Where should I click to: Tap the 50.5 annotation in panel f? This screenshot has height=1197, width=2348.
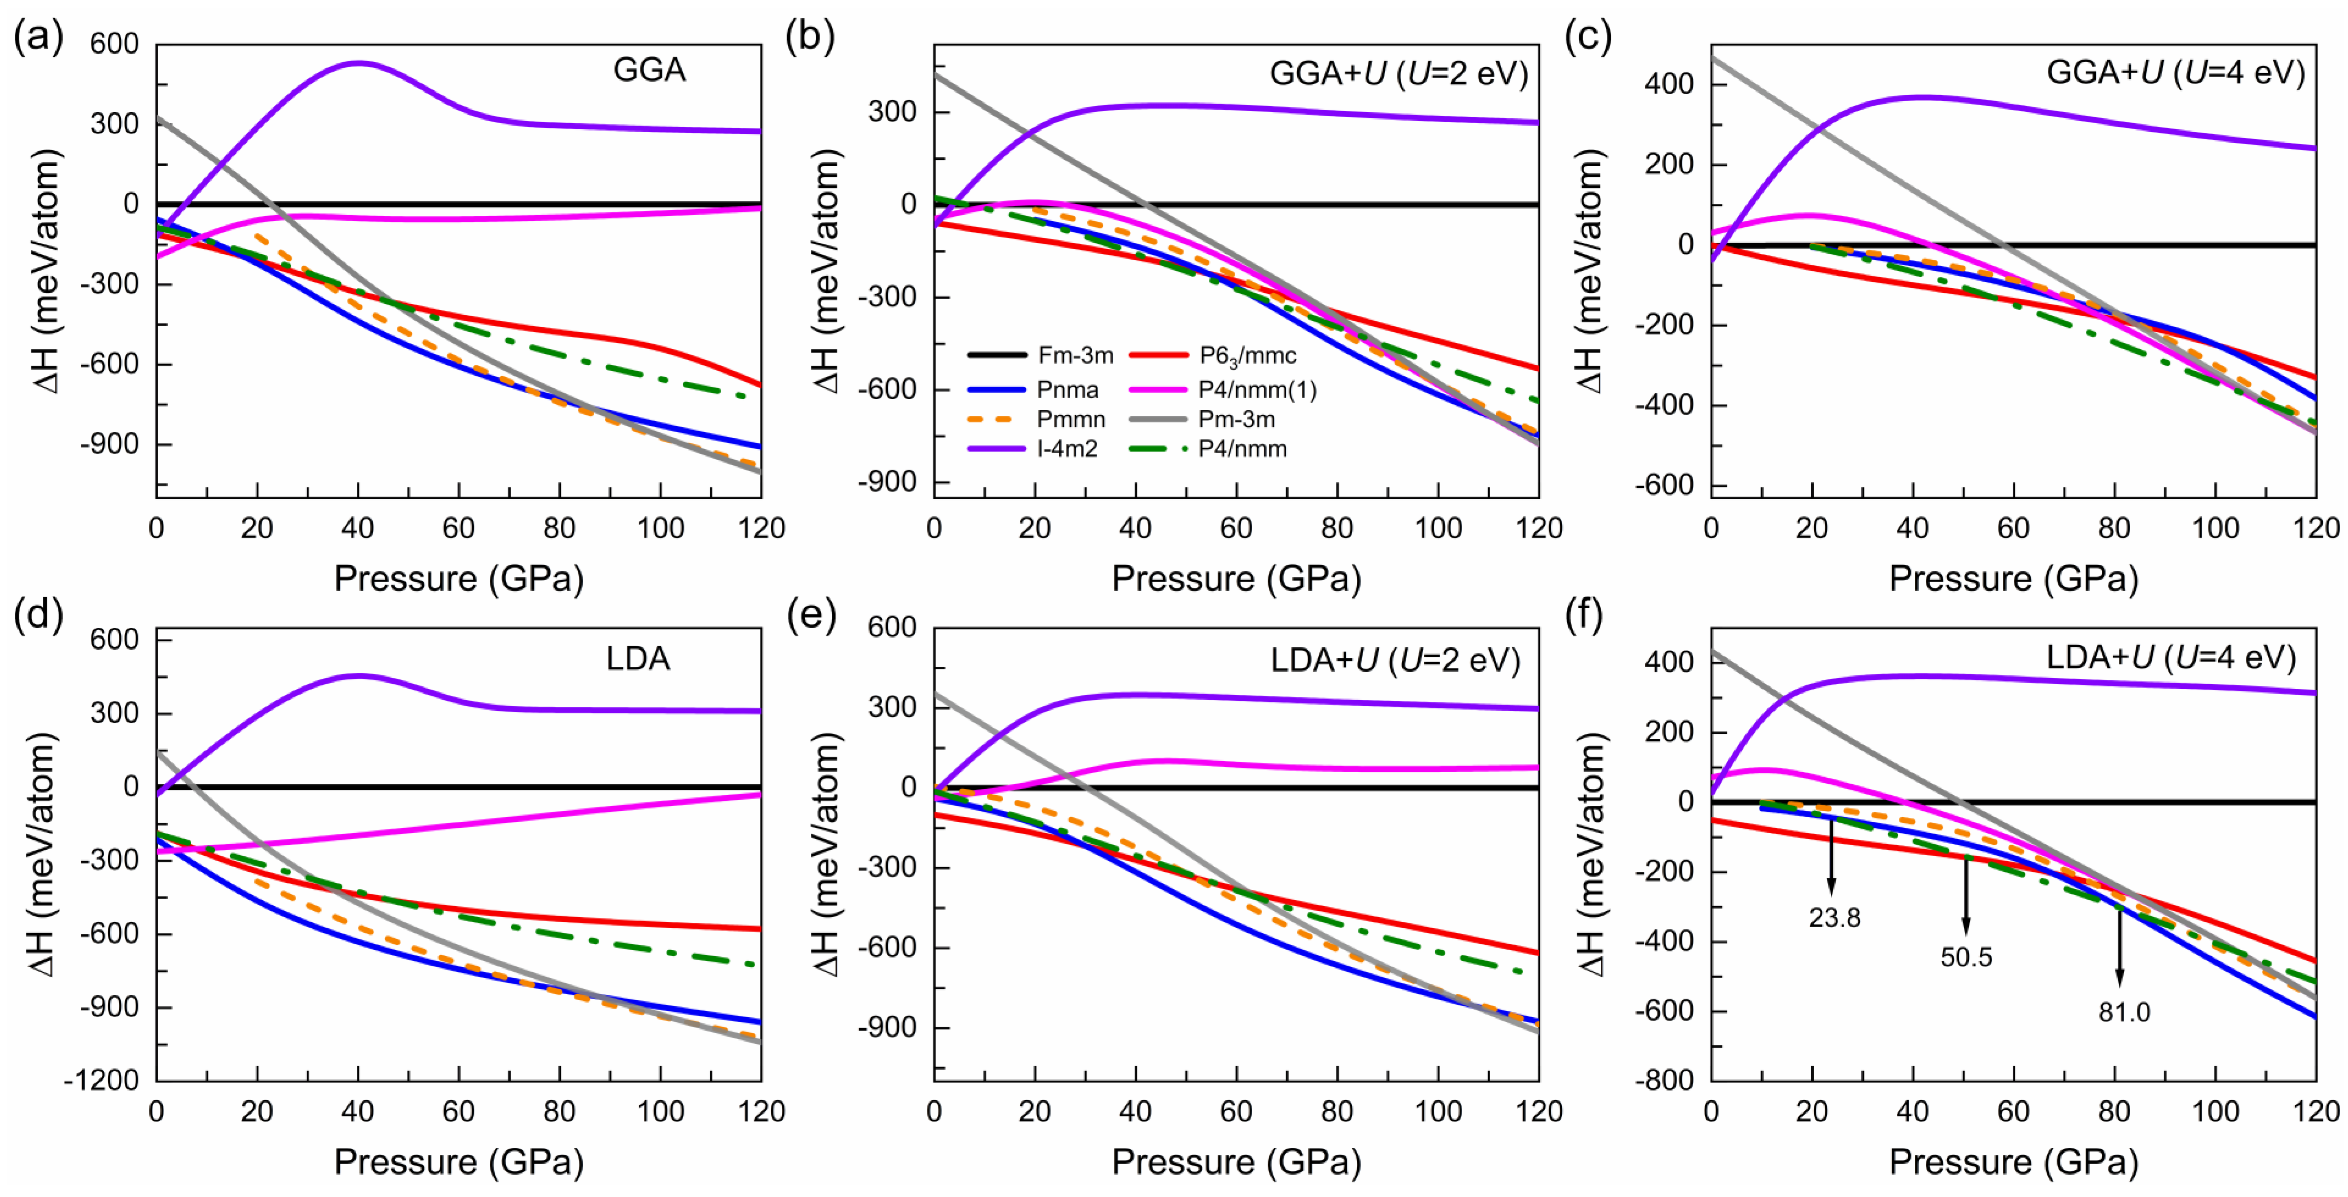pos(1966,957)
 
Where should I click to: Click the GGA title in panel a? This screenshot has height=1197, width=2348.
pos(649,70)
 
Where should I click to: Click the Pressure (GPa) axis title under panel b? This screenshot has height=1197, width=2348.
pos(1236,579)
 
